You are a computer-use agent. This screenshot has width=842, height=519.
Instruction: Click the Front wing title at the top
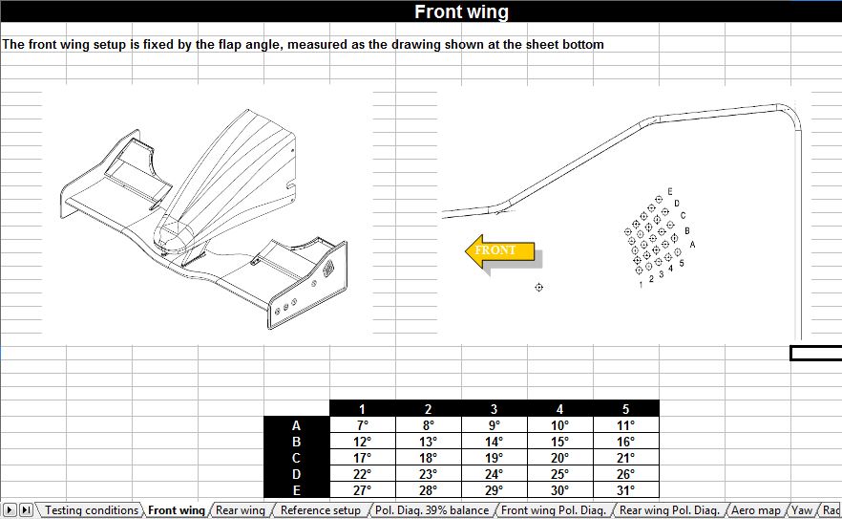tap(461, 12)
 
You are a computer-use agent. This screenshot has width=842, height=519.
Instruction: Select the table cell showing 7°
tap(362, 425)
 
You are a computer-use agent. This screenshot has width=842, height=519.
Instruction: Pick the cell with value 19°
tap(494, 458)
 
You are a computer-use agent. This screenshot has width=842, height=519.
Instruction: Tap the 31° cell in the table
tap(625, 490)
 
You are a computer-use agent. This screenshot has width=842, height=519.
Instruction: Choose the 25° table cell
tap(559, 474)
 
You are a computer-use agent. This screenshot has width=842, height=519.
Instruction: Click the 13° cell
tap(428, 442)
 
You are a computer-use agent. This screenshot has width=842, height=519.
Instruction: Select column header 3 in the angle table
tap(494, 409)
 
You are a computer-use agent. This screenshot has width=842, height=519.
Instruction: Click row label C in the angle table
tap(296, 458)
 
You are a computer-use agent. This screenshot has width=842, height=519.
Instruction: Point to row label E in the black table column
tap(296, 490)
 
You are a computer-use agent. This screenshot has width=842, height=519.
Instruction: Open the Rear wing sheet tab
tap(241, 510)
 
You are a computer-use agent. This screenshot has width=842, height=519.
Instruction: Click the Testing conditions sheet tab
tap(92, 510)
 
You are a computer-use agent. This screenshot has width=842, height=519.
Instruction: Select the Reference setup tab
tap(321, 510)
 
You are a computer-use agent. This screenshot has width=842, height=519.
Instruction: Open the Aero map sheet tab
tap(755, 510)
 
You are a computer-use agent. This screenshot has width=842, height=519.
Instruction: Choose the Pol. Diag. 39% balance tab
tap(432, 510)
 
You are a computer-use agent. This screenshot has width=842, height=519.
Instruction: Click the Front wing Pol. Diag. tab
tap(555, 510)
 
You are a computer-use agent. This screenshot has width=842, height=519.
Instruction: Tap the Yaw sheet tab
tap(803, 510)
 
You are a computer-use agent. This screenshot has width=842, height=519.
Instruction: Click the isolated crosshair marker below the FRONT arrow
tap(539, 287)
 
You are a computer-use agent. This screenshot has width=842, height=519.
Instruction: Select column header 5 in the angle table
tap(625, 409)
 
